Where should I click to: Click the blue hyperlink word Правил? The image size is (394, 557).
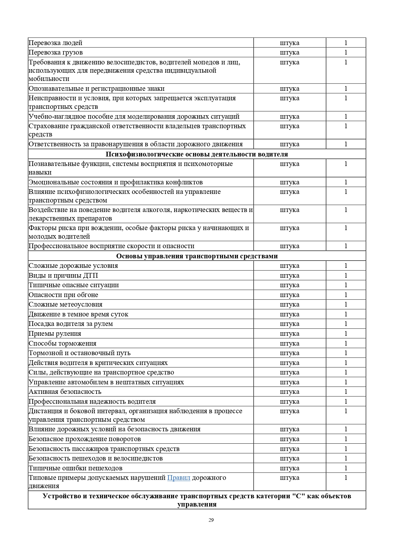178,478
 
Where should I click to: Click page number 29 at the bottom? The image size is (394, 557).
211,520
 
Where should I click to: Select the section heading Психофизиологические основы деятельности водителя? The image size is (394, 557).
197,154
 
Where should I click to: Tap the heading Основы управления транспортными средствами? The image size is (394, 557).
197,256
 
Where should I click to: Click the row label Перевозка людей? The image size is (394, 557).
56,43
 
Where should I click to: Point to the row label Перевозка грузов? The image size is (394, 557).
56,52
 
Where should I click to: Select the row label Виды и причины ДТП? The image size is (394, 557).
63,275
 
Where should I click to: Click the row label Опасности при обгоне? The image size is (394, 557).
63,295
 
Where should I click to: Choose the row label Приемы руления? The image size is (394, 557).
55,334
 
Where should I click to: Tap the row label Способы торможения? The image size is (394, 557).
63,343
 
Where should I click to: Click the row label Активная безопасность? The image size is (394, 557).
65,392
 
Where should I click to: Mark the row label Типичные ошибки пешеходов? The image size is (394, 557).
76,468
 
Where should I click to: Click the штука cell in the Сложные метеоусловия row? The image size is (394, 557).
290,304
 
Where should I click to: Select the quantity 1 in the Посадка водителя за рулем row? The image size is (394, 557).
346,324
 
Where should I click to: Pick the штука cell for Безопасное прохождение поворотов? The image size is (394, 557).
290,439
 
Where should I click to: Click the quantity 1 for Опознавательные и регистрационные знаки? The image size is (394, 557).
346,89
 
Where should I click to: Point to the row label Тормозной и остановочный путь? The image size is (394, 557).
80,353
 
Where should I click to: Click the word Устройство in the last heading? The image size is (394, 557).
61,496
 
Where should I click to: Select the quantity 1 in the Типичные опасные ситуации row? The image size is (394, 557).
346,285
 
